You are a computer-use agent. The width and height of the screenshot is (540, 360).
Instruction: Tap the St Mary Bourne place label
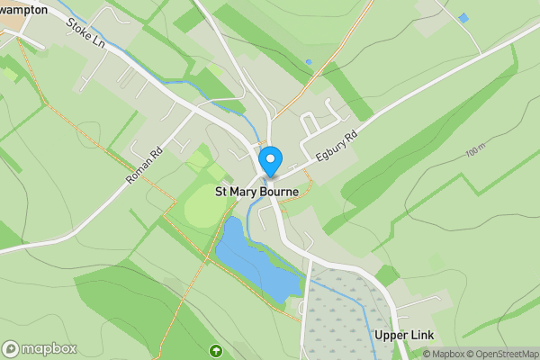point(256,192)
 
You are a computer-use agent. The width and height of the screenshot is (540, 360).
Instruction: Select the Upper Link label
point(403,336)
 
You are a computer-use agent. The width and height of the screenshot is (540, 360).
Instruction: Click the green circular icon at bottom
point(216,350)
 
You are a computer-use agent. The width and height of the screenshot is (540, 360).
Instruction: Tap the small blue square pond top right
point(463,18)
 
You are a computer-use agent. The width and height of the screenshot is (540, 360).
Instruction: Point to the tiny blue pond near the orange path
point(309,62)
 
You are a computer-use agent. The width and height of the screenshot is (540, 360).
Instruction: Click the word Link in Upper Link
point(422,336)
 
